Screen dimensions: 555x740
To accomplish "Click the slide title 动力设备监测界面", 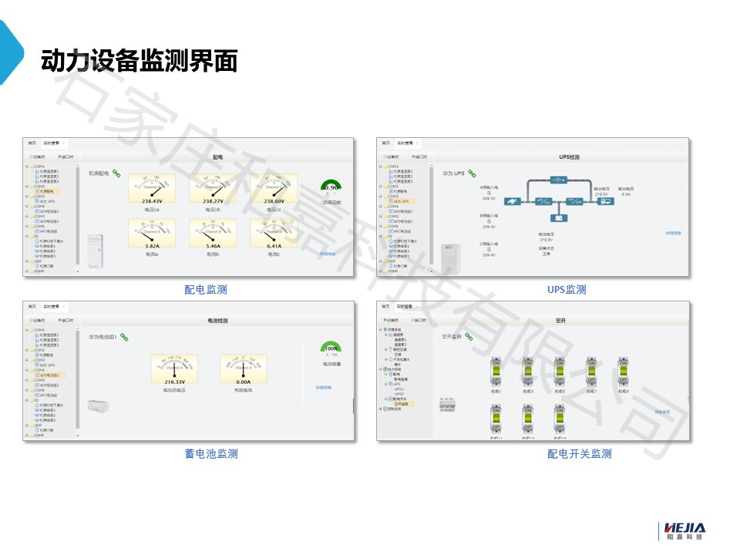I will pos(139,61).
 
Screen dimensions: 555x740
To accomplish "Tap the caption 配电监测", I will pos(205,290).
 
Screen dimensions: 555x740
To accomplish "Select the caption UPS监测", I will pos(567,290).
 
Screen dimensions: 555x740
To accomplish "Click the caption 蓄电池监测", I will pos(210,454).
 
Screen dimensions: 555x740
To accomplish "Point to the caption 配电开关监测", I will pos(579,454).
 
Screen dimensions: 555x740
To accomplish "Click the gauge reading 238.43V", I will pos(152,190).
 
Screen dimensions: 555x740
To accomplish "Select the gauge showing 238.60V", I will pos(274,190).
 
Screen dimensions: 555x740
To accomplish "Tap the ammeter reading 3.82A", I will pos(152,234).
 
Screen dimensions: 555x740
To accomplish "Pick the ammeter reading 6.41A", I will pos(274,234).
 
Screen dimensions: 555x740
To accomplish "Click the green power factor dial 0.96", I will pos(331,188).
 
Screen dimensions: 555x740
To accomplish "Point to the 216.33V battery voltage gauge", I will pos(174,369).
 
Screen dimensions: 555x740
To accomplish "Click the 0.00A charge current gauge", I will pos(243,369).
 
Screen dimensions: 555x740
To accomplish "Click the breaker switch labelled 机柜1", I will pos(496,372).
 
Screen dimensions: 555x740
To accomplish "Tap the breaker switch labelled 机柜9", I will pos(623,372).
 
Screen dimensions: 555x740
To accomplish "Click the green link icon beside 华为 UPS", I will pos(472,174).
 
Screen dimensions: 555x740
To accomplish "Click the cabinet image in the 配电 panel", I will pos(95,252).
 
